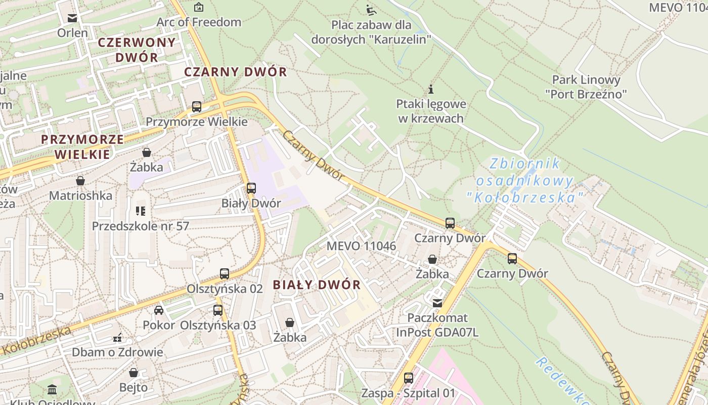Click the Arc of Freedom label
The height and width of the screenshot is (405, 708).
[x=199, y=22]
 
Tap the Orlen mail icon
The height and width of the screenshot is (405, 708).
[x=72, y=18]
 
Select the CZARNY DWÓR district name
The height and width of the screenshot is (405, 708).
[x=235, y=72]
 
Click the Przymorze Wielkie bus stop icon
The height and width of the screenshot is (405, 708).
[x=197, y=107]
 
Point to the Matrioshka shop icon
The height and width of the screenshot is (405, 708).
[x=80, y=181]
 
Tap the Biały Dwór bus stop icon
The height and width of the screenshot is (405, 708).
[x=251, y=188]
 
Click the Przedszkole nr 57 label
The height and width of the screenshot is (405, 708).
[x=140, y=226]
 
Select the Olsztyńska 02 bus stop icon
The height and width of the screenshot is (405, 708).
[x=225, y=274]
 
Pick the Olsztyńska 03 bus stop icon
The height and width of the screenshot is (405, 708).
[x=218, y=310]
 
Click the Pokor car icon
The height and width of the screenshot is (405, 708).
[x=159, y=310]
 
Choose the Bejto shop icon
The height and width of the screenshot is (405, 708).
[x=134, y=373]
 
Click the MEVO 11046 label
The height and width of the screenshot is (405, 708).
[x=361, y=246]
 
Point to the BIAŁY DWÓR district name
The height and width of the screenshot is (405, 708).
[x=317, y=285]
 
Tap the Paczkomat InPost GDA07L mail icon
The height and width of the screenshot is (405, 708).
[x=437, y=303]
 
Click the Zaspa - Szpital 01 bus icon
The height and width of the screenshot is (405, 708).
[x=408, y=378]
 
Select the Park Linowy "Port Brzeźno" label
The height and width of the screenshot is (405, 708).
[x=586, y=87]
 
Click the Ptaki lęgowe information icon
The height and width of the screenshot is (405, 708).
[x=431, y=90]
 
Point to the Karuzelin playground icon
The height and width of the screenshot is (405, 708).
[x=371, y=10]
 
